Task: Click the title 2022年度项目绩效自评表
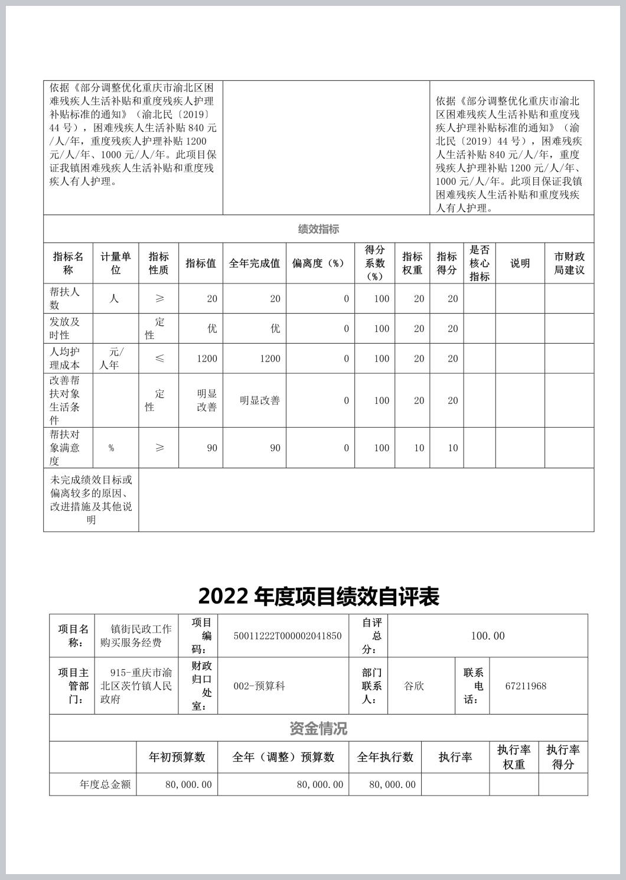coord(318,597)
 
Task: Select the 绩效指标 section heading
coord(318,229)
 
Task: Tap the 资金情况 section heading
coord(318,729)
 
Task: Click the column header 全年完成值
coord(254,263)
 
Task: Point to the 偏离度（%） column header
coord(319,263)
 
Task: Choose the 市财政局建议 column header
coord(569,263)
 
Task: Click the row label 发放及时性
coord(64,328)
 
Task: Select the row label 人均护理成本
coord(64,358)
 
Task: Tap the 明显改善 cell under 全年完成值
coord(259,400)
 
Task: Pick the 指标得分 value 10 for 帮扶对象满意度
coord(452,448)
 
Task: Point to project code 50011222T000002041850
coord(288,636)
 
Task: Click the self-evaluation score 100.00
coord(488,636)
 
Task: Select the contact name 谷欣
coord(413,686)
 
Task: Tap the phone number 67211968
coord(526,686)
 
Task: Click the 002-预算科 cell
coord(259,686)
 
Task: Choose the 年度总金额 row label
coord(105,785)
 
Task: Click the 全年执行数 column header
coord(385,757)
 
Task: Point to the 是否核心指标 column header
coord(479,263)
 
